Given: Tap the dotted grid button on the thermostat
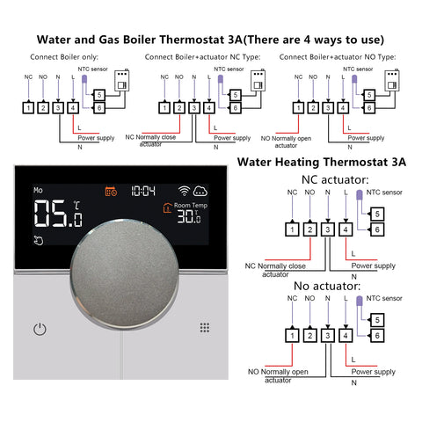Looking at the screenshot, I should (x=204, y=327).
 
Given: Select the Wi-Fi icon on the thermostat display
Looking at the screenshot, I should (x=185, y=190).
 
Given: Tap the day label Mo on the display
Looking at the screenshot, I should (x=39, y=189).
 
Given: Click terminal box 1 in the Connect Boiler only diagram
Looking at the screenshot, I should (x=29, y=108).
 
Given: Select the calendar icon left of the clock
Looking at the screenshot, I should (x=112, y=190).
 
